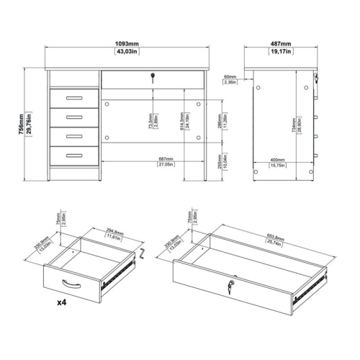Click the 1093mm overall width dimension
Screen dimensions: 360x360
(127, 43)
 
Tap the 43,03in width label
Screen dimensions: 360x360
(127, 52)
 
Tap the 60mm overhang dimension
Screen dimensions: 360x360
(230, 76)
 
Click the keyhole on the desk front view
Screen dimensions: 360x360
(152, 76)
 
